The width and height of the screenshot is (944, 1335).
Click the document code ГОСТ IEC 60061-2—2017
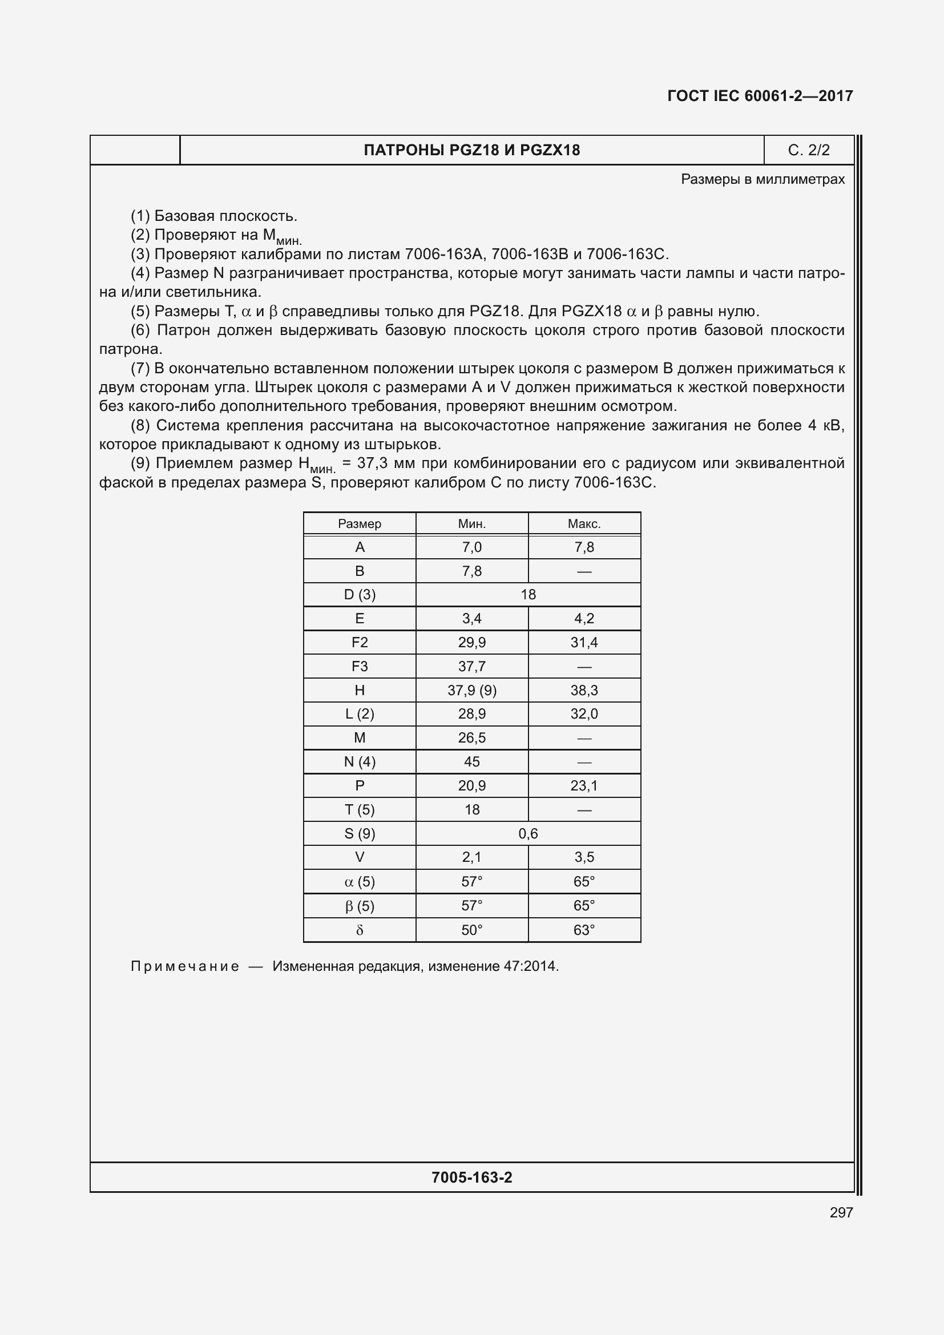click(x=760, y=96)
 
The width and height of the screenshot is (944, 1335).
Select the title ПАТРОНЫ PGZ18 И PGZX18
click(x=471, y=150)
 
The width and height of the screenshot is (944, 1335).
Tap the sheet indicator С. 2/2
click(x=809, y=150)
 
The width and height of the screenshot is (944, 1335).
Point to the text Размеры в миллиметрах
click(x=763, y=179)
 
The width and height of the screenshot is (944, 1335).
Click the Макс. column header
click(x=584, y=524)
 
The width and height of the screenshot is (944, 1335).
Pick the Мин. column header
click(x=471, y=524)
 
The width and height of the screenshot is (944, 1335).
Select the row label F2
click(x=359, y=643)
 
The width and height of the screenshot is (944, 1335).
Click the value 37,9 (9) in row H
click(x=471, y=690)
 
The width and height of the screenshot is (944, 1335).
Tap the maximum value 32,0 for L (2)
click(x=584, y=714)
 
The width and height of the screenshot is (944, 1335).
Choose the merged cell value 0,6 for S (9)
click(x=528, y=834)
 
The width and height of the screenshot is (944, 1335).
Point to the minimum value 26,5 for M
click(x=471, y=738)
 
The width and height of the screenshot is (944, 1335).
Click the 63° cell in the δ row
click(x=584, y=930)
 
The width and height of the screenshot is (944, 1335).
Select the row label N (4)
click(x=359, y=762)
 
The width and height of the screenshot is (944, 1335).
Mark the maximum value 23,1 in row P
click(x=584, y=786)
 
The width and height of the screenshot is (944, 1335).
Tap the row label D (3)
click(x=359, y=595)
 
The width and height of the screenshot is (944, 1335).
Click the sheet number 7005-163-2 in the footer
click(x=471, y=1177)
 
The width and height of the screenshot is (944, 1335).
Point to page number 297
click(x=841, y=1212)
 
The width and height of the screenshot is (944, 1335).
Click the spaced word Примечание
click(x=185, y=966)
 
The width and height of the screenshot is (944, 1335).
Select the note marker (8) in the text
click(x=140, y=426)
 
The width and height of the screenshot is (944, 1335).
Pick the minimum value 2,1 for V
click(x=471, y=857)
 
